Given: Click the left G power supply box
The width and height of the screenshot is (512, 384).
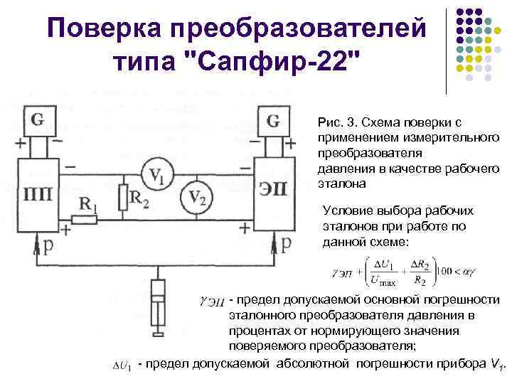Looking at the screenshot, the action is pos(38,119).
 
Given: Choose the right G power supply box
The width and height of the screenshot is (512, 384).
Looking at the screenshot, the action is pos(272,120).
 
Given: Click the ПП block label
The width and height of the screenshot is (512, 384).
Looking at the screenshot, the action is pos(38,194).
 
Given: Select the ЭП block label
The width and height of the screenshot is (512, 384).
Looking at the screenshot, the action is pos(272,194).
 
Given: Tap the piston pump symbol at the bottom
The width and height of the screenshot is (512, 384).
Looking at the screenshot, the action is pos(159,302).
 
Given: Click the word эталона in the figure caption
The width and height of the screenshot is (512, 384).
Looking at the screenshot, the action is pos(341,183).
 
